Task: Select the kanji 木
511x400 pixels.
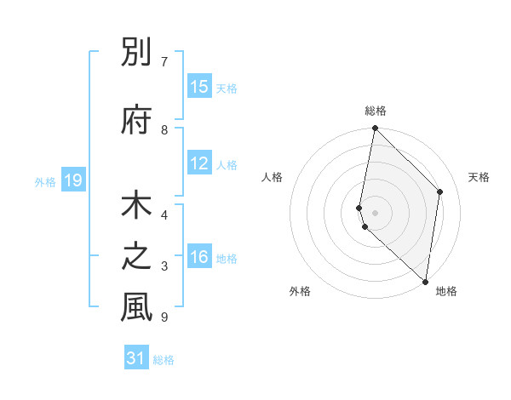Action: coord(136,208)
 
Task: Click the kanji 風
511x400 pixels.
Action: coord(136,307)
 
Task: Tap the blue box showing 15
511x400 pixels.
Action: coord(199,87)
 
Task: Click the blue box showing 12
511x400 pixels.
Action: coord(199,163)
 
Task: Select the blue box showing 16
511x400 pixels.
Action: coord(199,257)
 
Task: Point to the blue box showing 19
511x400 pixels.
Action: coord(73,180)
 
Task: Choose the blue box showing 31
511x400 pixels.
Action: coord(136,358)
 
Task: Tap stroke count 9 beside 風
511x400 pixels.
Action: coord(164,317)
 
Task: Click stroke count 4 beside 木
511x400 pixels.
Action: coord(164,215)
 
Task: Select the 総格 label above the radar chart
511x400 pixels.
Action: coord(375,111)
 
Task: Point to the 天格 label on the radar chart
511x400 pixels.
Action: coord(479,177)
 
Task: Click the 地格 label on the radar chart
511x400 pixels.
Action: coord(446,291)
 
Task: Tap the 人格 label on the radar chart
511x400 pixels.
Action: coord(272,177)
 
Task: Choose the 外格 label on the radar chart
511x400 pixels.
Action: coord(300,291)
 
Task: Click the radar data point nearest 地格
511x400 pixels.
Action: coord(425,281)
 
